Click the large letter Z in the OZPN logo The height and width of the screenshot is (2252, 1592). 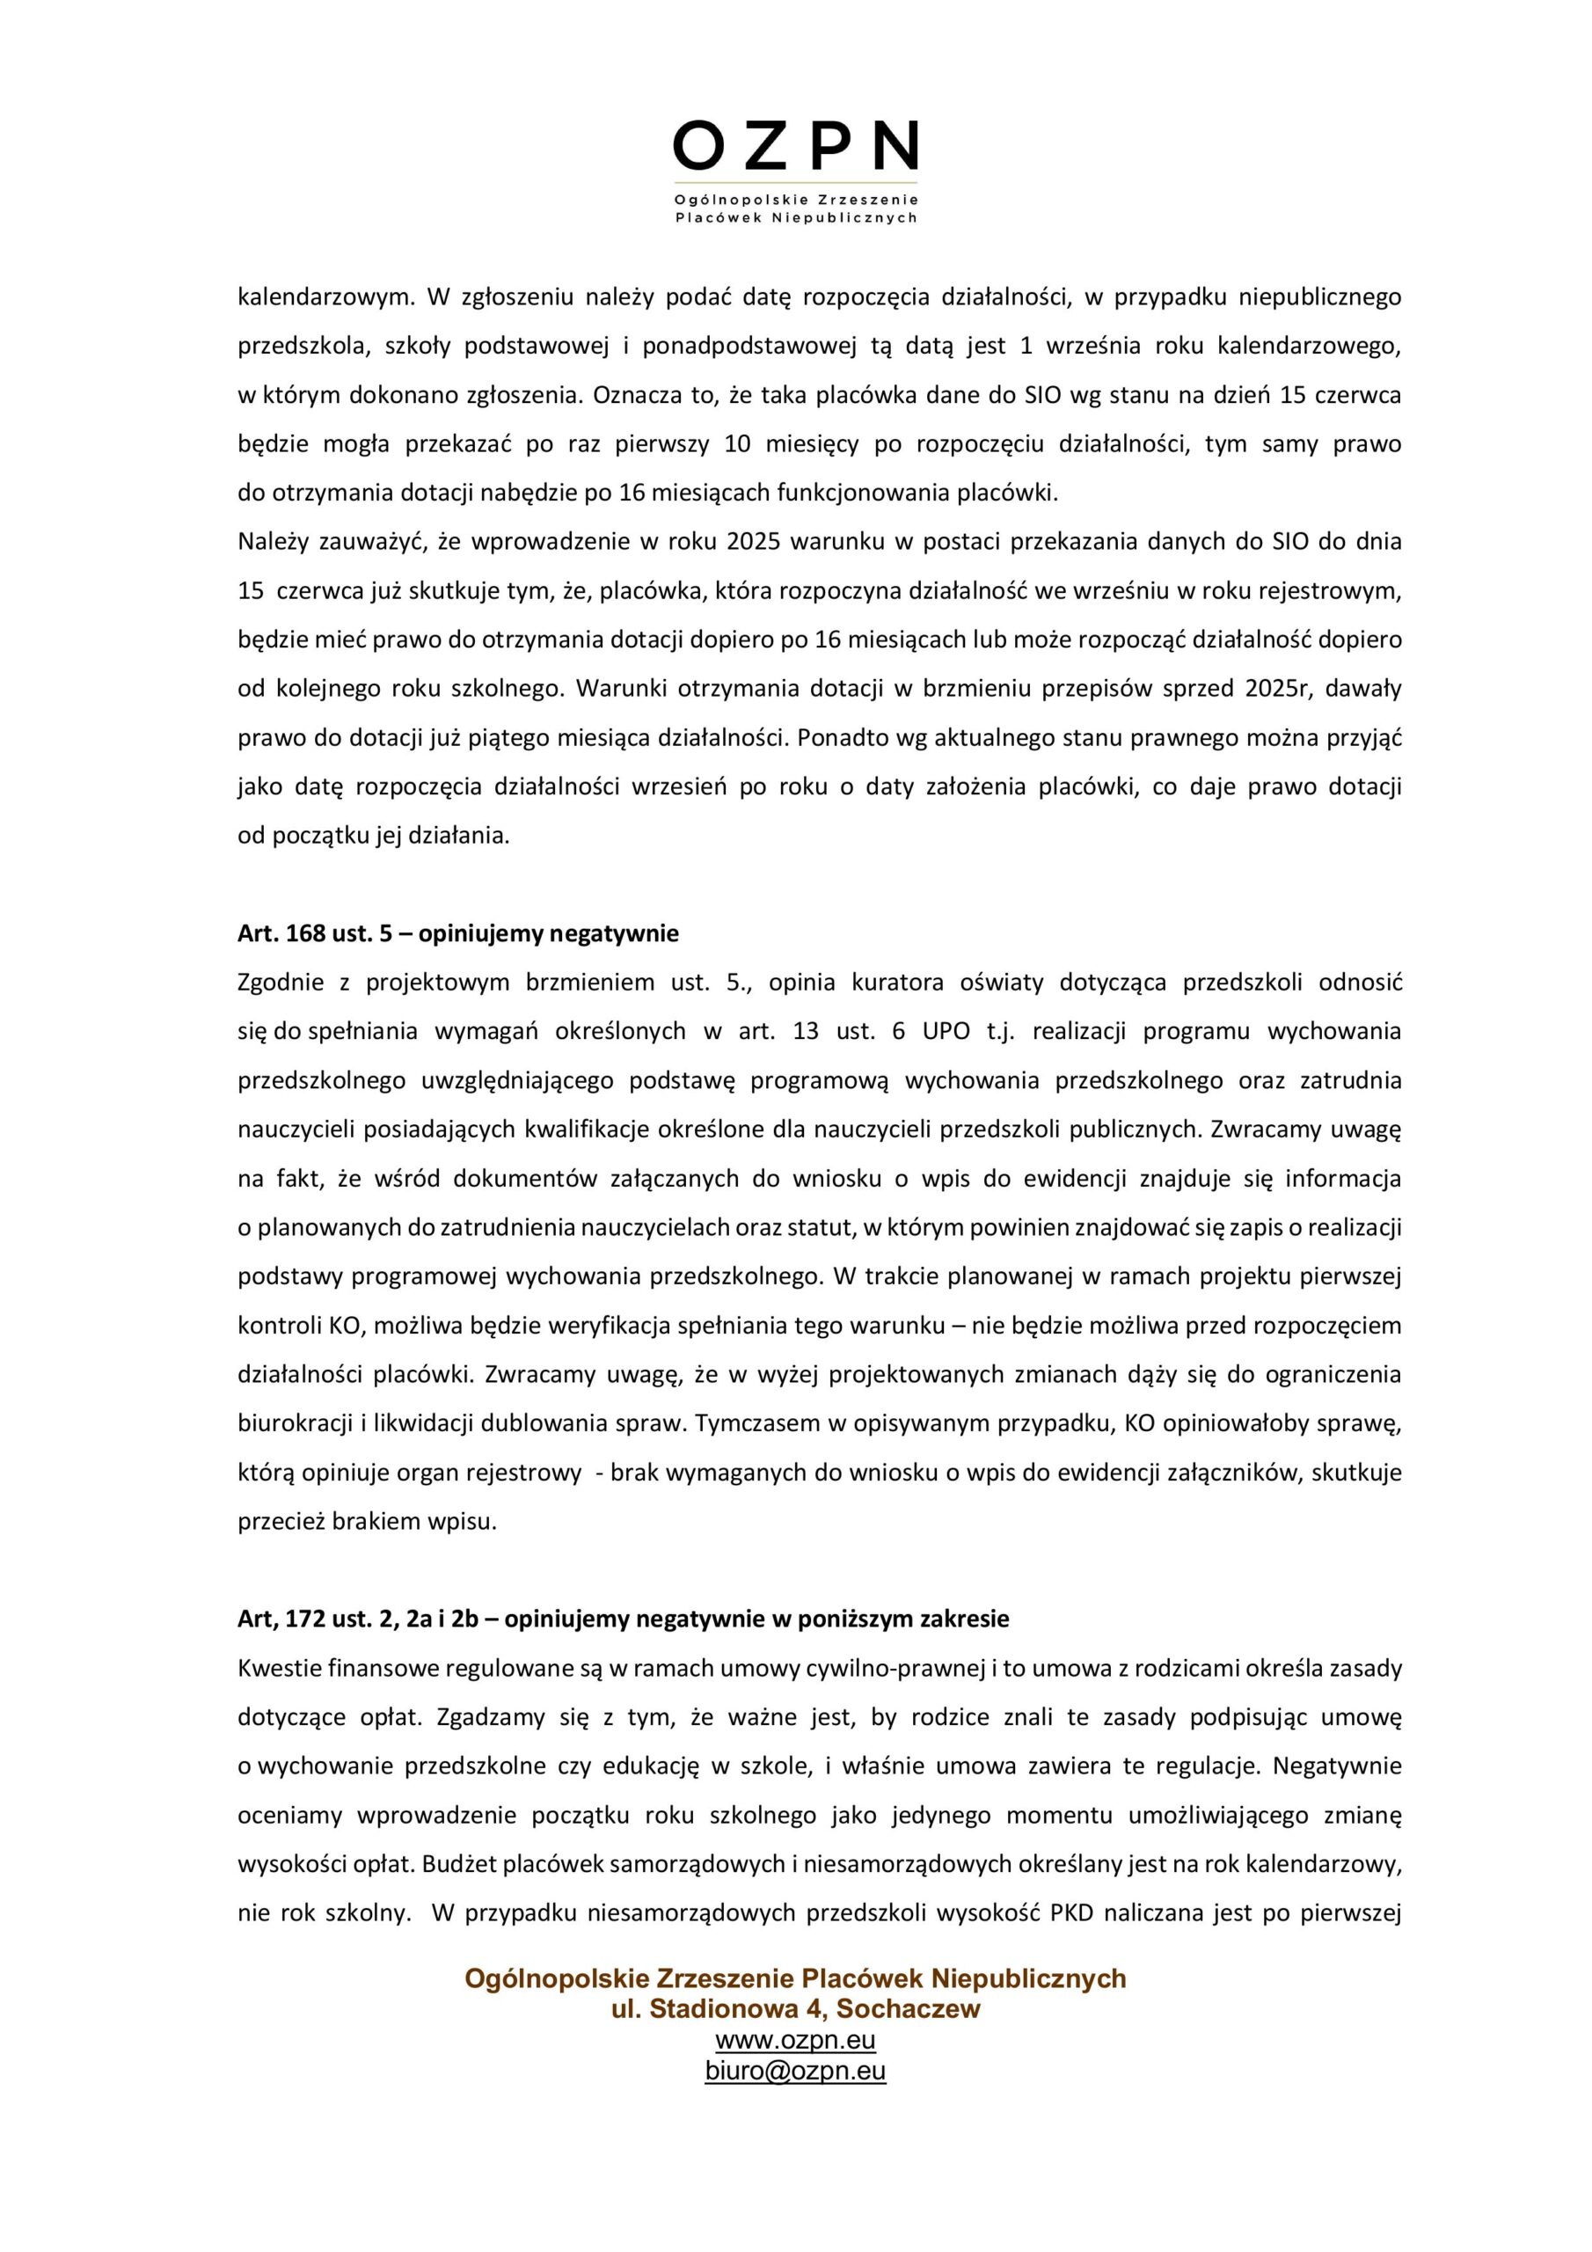click(763, 147)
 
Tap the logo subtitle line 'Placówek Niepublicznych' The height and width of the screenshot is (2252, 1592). click(795, 218)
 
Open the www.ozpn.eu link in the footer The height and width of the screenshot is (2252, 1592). click(795, 2040)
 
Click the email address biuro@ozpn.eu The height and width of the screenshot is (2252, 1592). click(795, 2071)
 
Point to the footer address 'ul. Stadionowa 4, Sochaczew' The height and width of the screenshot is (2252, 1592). click(795, 2008)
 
